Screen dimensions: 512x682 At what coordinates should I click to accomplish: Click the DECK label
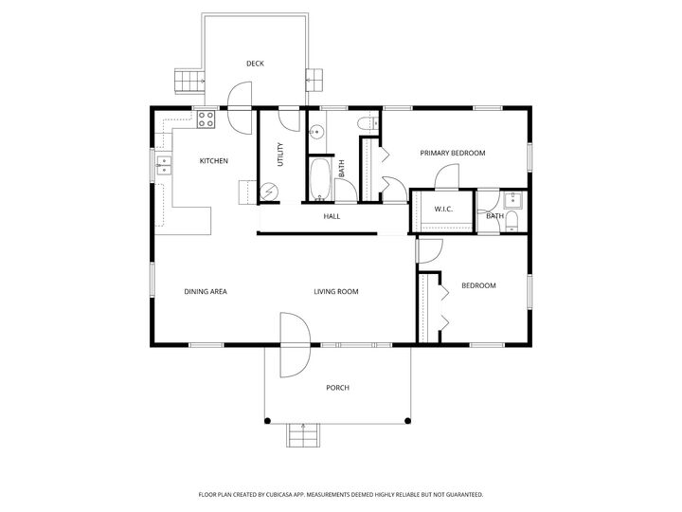(x=255, y=64)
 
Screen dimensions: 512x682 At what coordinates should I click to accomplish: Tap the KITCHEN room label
(x=213, y=161)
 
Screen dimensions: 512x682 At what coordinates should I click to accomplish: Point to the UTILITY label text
(x=280, y=155)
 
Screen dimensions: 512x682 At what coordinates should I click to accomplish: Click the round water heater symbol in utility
(x=270, y=192)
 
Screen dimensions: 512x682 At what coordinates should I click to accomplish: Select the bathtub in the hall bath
(x=321, y=179)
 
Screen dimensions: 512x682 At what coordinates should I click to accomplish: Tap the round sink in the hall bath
(x=318, y=132)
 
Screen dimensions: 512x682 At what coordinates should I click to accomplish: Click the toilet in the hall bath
(x=366, y=124)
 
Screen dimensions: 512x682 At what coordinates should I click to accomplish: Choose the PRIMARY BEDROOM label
(x=453, y=153)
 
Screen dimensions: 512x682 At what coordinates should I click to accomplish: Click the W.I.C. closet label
(x=443, y=209)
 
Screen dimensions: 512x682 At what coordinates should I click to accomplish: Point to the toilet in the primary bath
(x=511, y=221)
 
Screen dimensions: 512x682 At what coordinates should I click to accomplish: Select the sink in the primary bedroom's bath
(x=512, y=198)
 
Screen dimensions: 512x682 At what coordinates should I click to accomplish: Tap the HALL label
(x=332, y=216)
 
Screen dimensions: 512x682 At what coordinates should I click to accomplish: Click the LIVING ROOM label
(x=336, y=291)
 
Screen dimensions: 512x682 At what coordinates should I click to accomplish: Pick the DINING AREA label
(x=205, y=291)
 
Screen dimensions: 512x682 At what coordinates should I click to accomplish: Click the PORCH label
(x=337, y=387)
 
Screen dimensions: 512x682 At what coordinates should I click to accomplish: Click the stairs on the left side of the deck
(x=189, y=80)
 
